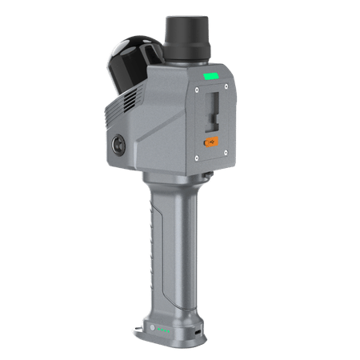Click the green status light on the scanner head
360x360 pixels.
210,78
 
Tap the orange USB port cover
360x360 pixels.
212,142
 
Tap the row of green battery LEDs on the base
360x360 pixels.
163,330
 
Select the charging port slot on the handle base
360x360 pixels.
194,328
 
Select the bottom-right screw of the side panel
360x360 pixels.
228,162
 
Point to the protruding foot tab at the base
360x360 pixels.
137,328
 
